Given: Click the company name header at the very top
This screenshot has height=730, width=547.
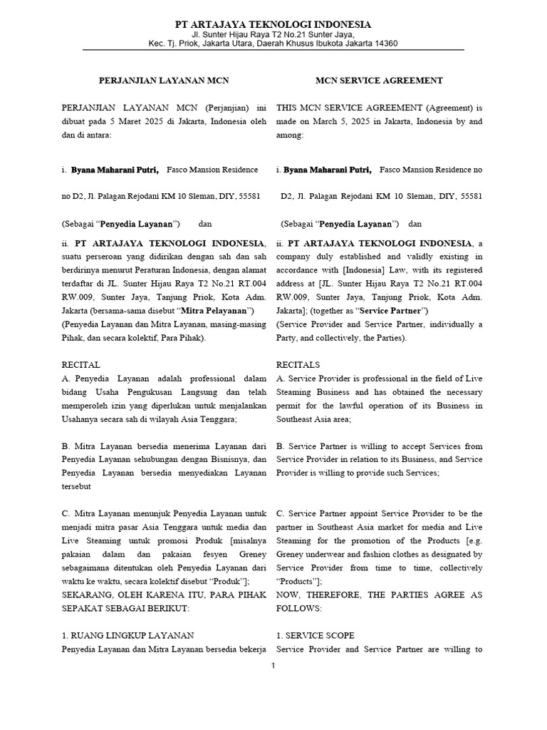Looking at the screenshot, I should [x=273, y=25].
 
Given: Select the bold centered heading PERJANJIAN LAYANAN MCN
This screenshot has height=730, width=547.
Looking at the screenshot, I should [x=163, y=81].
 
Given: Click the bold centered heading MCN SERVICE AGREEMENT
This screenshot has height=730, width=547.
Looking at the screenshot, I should [x=379, y=81].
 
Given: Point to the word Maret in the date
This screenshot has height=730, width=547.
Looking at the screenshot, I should [x=141, y=121].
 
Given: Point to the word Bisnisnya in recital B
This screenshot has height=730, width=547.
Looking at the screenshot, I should [x=222, y=459].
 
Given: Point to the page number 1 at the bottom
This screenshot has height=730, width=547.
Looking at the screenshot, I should [x=273, y=666].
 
